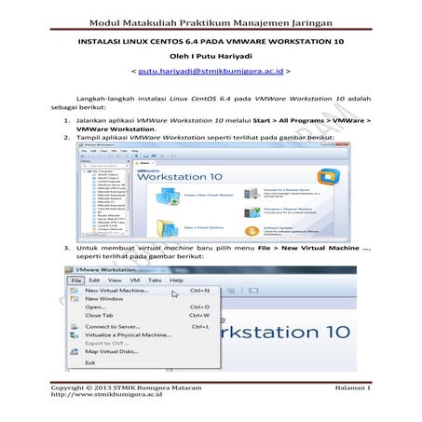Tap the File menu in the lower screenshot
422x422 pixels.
coord(75,279)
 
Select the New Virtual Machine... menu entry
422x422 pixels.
coord(118,291)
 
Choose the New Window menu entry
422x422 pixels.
coord(105,299)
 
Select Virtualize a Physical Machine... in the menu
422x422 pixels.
coord(129,335)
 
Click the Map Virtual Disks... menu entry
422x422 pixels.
coord(112,351)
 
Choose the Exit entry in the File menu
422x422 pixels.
coord(90,362)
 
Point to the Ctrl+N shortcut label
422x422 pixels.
coord(198,291)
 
